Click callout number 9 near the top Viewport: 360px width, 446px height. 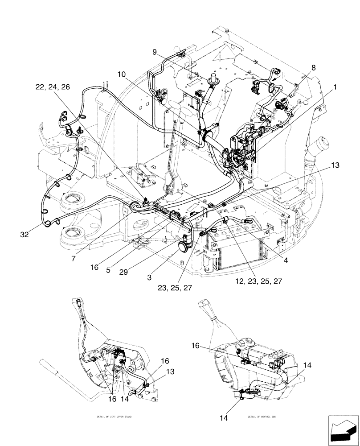(x=155, y=52)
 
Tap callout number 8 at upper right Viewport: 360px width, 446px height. (x=314, y=68)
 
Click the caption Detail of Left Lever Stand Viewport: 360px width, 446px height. (x=114, y=417)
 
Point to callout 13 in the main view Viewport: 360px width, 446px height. (x=335, y=165)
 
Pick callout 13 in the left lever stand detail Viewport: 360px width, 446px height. (x=158, y=372)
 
